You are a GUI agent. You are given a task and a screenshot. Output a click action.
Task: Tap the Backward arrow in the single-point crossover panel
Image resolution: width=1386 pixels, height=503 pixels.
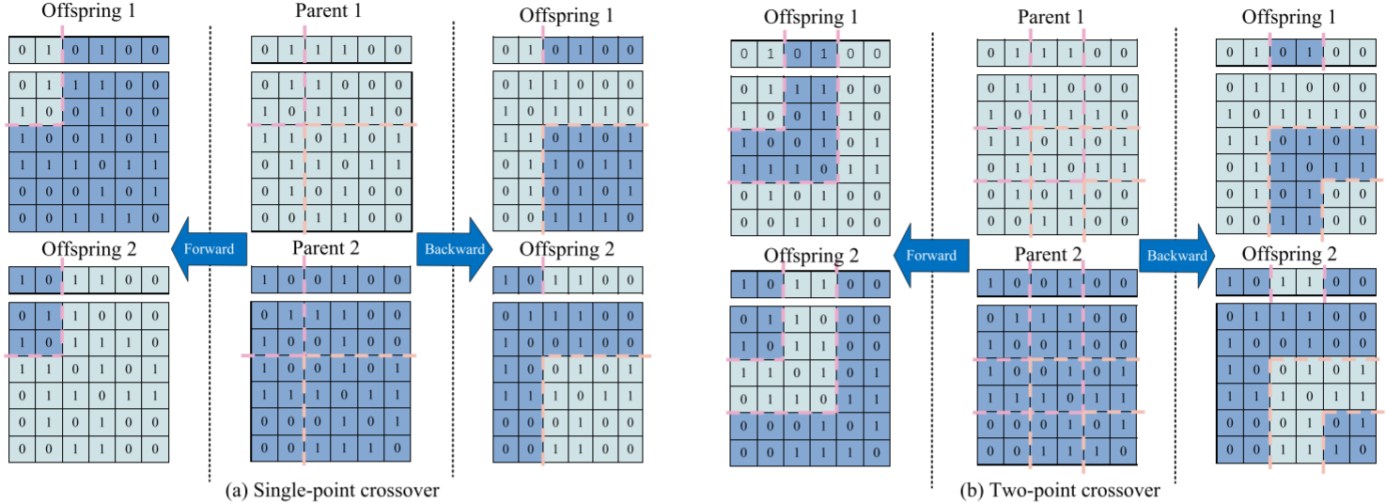(x=454, y=249)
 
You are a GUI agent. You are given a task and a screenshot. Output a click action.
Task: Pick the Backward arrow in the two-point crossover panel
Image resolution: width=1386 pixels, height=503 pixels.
(x=1173, y=255)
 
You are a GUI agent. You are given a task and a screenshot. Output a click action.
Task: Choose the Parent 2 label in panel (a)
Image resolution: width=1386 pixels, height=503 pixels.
(x=329, y=248)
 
